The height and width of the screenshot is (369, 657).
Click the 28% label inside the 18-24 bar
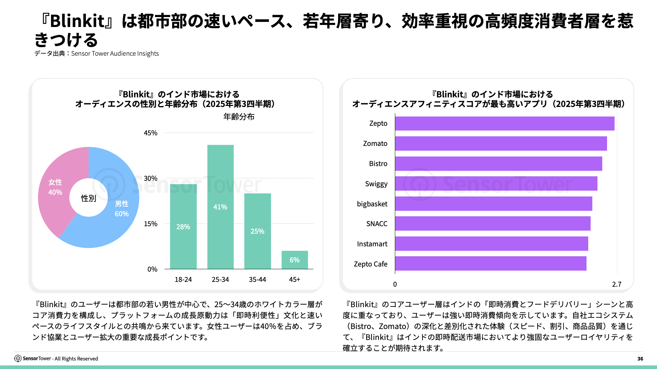pos(183,227)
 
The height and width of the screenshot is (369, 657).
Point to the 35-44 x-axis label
pos(257,279)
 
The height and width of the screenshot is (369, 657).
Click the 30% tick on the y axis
pos(151,178)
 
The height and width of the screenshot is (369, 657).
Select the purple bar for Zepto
pos(505,123)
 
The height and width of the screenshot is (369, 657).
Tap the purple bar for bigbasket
pos(493,204)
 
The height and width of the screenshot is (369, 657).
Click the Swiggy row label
pos(376,184)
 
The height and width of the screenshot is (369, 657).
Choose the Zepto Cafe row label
pos(371,264)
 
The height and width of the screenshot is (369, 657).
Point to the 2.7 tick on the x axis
pos(617,284)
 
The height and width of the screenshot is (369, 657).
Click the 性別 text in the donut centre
pos(88,198)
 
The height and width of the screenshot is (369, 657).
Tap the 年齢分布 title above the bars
pos(239,117)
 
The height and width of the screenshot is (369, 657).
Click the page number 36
pos(640,359)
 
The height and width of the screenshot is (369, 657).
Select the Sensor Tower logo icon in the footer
pos(18,358)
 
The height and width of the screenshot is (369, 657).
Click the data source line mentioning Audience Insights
pos(96,54)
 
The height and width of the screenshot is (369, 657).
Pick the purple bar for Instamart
pos(491,244)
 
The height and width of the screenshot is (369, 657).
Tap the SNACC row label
pos(377,224)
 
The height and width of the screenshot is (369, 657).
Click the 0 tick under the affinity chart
pos(395,284)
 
